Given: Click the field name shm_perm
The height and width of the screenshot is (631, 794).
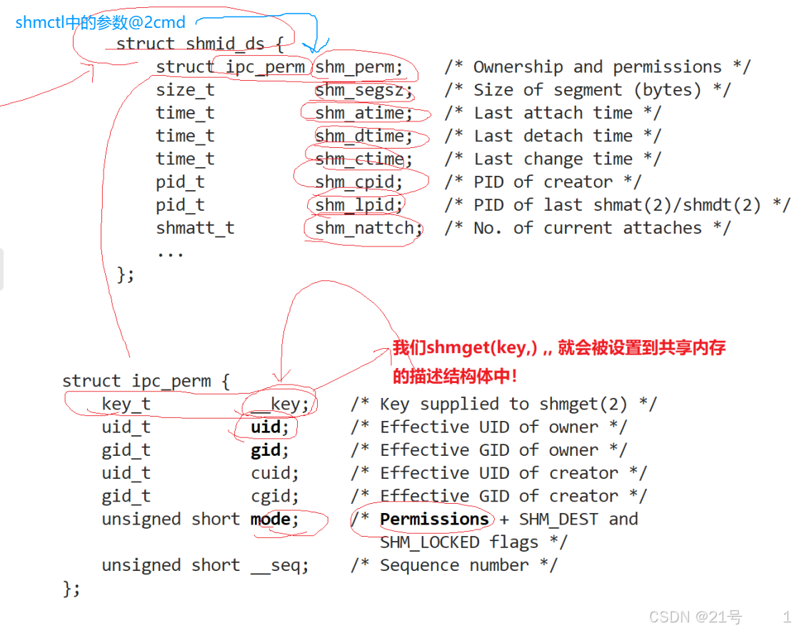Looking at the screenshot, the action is coord(358,67).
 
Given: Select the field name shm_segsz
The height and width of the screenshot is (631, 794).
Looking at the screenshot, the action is coord(363,90).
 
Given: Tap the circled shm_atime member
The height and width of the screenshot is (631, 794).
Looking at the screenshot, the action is coord(363,113).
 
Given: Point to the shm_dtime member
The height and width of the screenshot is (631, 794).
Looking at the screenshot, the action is coord(363,136).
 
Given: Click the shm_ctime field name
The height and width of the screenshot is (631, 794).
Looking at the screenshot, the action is coord(363,159).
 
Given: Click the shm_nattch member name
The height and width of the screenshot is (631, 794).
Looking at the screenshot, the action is coord(368,228).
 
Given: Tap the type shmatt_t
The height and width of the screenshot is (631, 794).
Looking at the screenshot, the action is coord(195,228).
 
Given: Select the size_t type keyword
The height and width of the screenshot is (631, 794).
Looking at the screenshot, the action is coord(185,90).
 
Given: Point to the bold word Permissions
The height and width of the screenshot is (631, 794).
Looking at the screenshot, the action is coord(434,519).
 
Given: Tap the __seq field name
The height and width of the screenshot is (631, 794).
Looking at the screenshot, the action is coord(279,565).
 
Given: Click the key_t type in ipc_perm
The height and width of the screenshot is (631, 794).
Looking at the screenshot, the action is coord(126,404).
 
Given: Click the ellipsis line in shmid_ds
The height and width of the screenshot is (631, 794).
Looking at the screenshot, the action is coord(170,252).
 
